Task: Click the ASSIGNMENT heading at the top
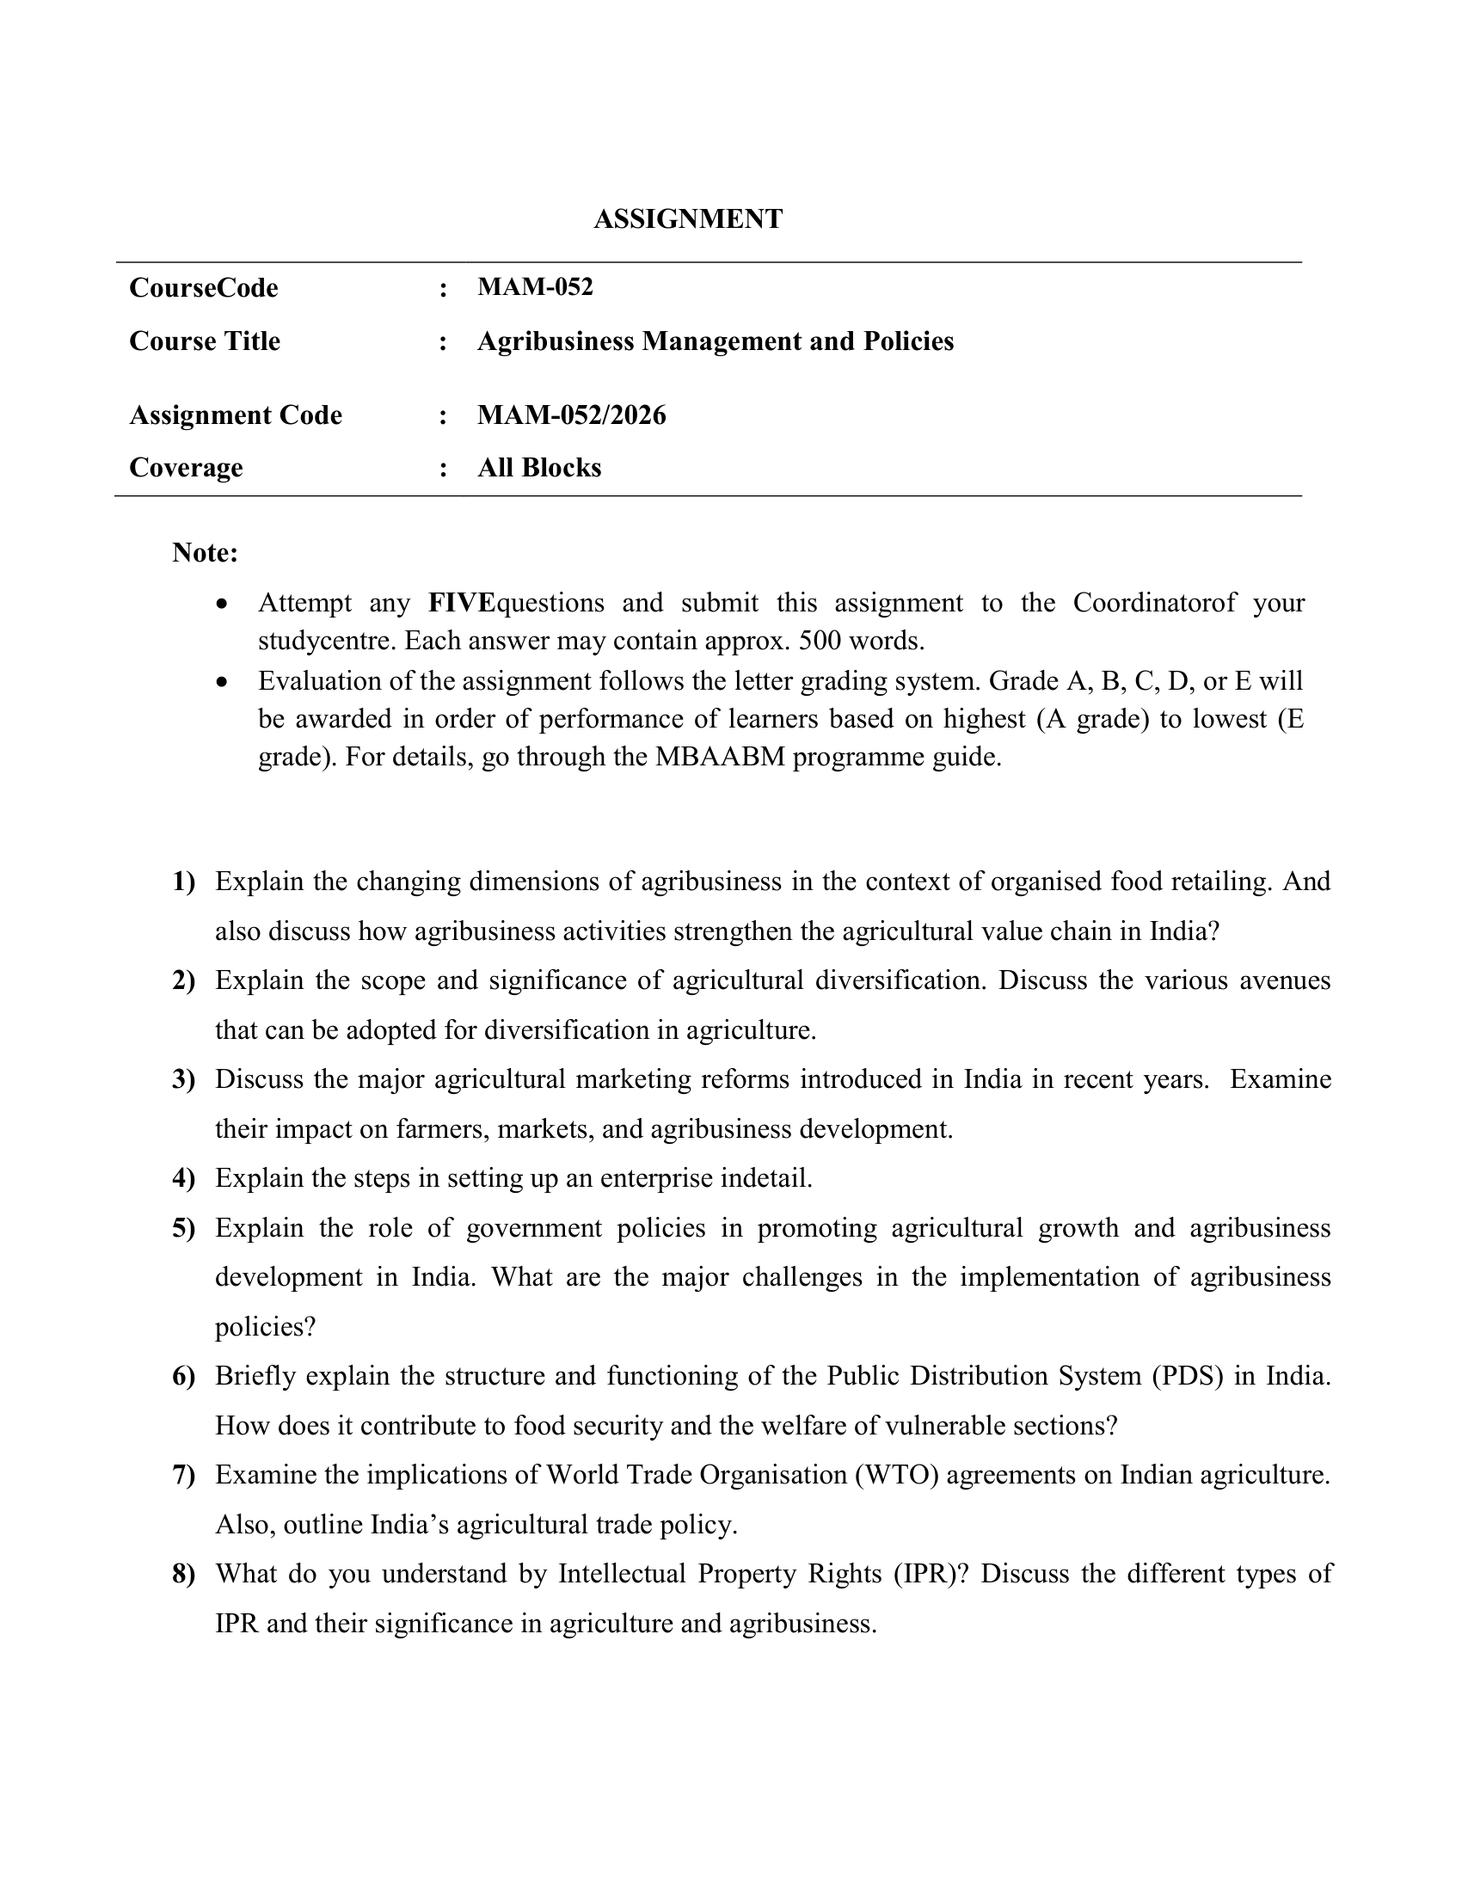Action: pos(688,219)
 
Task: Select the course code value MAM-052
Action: pos(534,286)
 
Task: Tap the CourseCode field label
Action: pos(204,287)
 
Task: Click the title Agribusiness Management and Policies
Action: pos(715,341)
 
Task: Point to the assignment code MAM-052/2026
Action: pos(572,415)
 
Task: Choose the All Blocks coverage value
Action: pos(538,468)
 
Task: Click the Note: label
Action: pos(205,552)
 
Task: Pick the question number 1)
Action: pos(184,881)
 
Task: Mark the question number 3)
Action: pos(184,1079)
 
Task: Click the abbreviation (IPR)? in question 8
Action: pos(931,1574)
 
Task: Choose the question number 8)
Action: pos(184,1574)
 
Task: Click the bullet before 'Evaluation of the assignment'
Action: pos(224,682)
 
